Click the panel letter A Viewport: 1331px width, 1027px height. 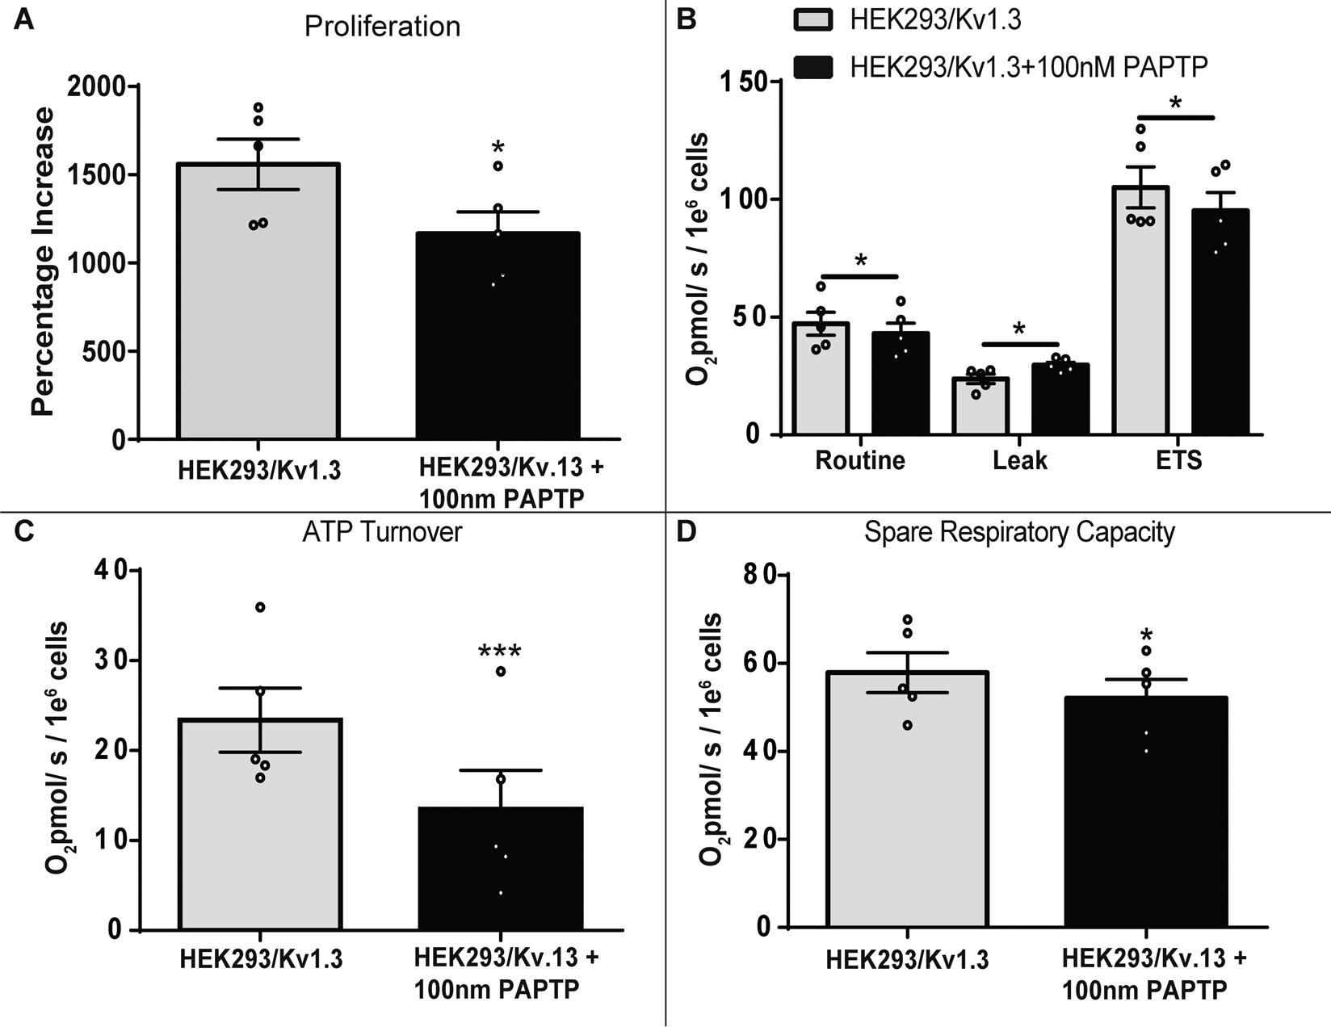24,18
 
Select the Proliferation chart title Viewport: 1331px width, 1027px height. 382,27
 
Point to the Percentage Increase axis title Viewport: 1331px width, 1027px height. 43,262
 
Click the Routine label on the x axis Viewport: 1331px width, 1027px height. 859,460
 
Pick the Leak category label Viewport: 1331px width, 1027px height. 1019,460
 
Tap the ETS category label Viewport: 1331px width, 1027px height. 1179,460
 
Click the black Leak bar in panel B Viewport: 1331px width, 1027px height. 1060,399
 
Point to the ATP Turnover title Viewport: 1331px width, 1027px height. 382,532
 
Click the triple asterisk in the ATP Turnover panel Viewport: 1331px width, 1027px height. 499,652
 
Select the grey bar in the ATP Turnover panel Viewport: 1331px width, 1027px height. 260,824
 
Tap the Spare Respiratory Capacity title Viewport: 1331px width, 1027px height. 1019,532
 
